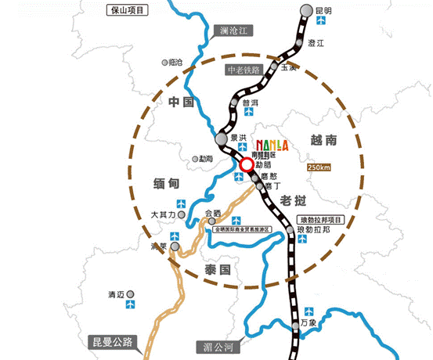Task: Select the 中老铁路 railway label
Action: pos(243,70)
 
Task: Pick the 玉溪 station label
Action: pos(288,68)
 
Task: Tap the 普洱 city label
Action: pos(251,103)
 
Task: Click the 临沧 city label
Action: pos(174,62)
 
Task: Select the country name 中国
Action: pos(180,102)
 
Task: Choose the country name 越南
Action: pos(323,141)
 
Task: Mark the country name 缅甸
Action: pos(168,182)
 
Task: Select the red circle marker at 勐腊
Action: pos(247,164)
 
